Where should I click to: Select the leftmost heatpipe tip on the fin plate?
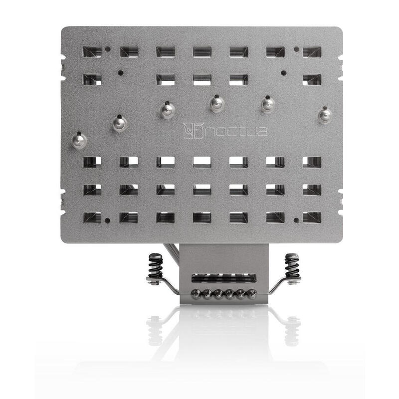(79, 140)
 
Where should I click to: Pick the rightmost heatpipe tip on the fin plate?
(325, 115)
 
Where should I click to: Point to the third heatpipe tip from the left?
(167, 110)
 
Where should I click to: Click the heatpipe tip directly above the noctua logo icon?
(167, 110)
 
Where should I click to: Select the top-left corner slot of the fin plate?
(92, 52)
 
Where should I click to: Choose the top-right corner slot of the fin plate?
(312, 52)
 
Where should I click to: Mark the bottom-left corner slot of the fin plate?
(92, 217)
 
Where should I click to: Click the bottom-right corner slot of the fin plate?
(312, 217)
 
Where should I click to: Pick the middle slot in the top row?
(202, 52)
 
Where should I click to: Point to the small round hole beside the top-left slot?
(108, 49)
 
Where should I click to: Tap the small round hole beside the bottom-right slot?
(296, 219)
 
